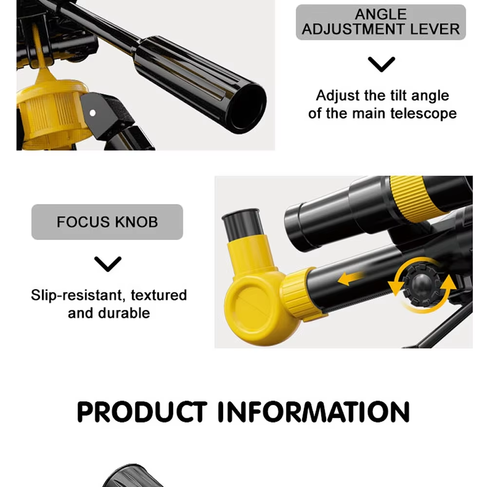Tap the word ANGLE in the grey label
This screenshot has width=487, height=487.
[381, 14]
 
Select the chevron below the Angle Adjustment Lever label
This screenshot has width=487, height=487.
[381, 64]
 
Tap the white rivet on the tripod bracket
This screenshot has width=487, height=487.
[93, 113]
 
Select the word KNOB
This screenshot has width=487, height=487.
[136, 222]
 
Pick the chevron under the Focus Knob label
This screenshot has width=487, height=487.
[108, 264]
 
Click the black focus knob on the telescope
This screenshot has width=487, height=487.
[422, 285]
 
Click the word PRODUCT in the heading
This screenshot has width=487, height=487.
[142, 412]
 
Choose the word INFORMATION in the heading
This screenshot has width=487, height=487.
[313, 412]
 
